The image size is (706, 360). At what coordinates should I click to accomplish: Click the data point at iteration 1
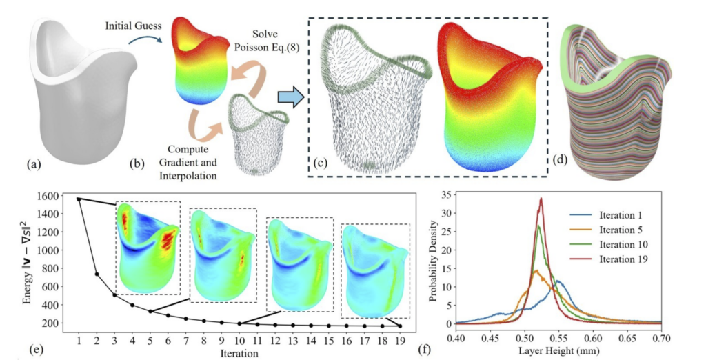pyautogui.click(x=79, y=199)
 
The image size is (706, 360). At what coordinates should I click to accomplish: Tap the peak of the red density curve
pyautogui.click(x=541, y=199)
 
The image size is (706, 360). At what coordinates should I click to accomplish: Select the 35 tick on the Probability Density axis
pyautogui.click(x=447, y=194)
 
